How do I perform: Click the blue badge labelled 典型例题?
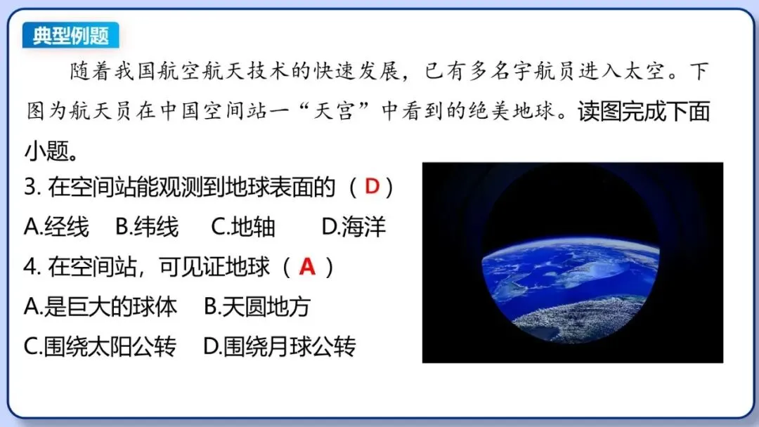(x=70, y=35)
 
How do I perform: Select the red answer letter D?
(x=372, y=187)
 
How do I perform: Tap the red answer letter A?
(x=307, y=267)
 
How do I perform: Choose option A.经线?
(x=57, y=227)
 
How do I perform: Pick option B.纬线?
(x=147, y=227)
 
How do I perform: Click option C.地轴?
(x=243, y=227)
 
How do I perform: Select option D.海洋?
(x=353, y=227)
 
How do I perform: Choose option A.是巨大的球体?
(x=100, y=307)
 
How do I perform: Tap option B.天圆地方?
(x=257, y=307)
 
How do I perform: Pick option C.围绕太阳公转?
(x=100, y=347)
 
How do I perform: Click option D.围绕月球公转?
(x=280, y=347)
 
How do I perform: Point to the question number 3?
(x=30, y=188)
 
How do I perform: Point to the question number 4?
(x=30, y=268)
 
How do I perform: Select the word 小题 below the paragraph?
(x=46, y=150)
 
